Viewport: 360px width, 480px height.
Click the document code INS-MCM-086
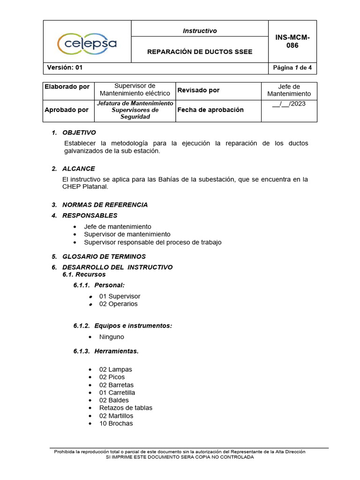tap(292, 41)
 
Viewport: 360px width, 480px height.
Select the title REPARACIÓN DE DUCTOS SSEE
tap(200, 52)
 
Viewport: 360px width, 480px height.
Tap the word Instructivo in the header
tap(200, 31)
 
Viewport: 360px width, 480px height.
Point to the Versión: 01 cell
tap(65, 67)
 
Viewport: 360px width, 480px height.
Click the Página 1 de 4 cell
tap(292, 67)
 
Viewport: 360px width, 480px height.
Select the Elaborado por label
tap(67, 87)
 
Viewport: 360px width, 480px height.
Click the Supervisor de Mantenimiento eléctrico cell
tap(135, 90)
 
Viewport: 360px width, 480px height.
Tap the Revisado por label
tap(198, 90)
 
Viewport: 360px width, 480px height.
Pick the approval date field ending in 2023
tap(289, 104)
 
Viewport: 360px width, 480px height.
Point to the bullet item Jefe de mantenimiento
tap(117, 226)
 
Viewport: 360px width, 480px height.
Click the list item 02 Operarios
tap(118, 304)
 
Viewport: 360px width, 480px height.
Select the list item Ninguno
tap(112, 337)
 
